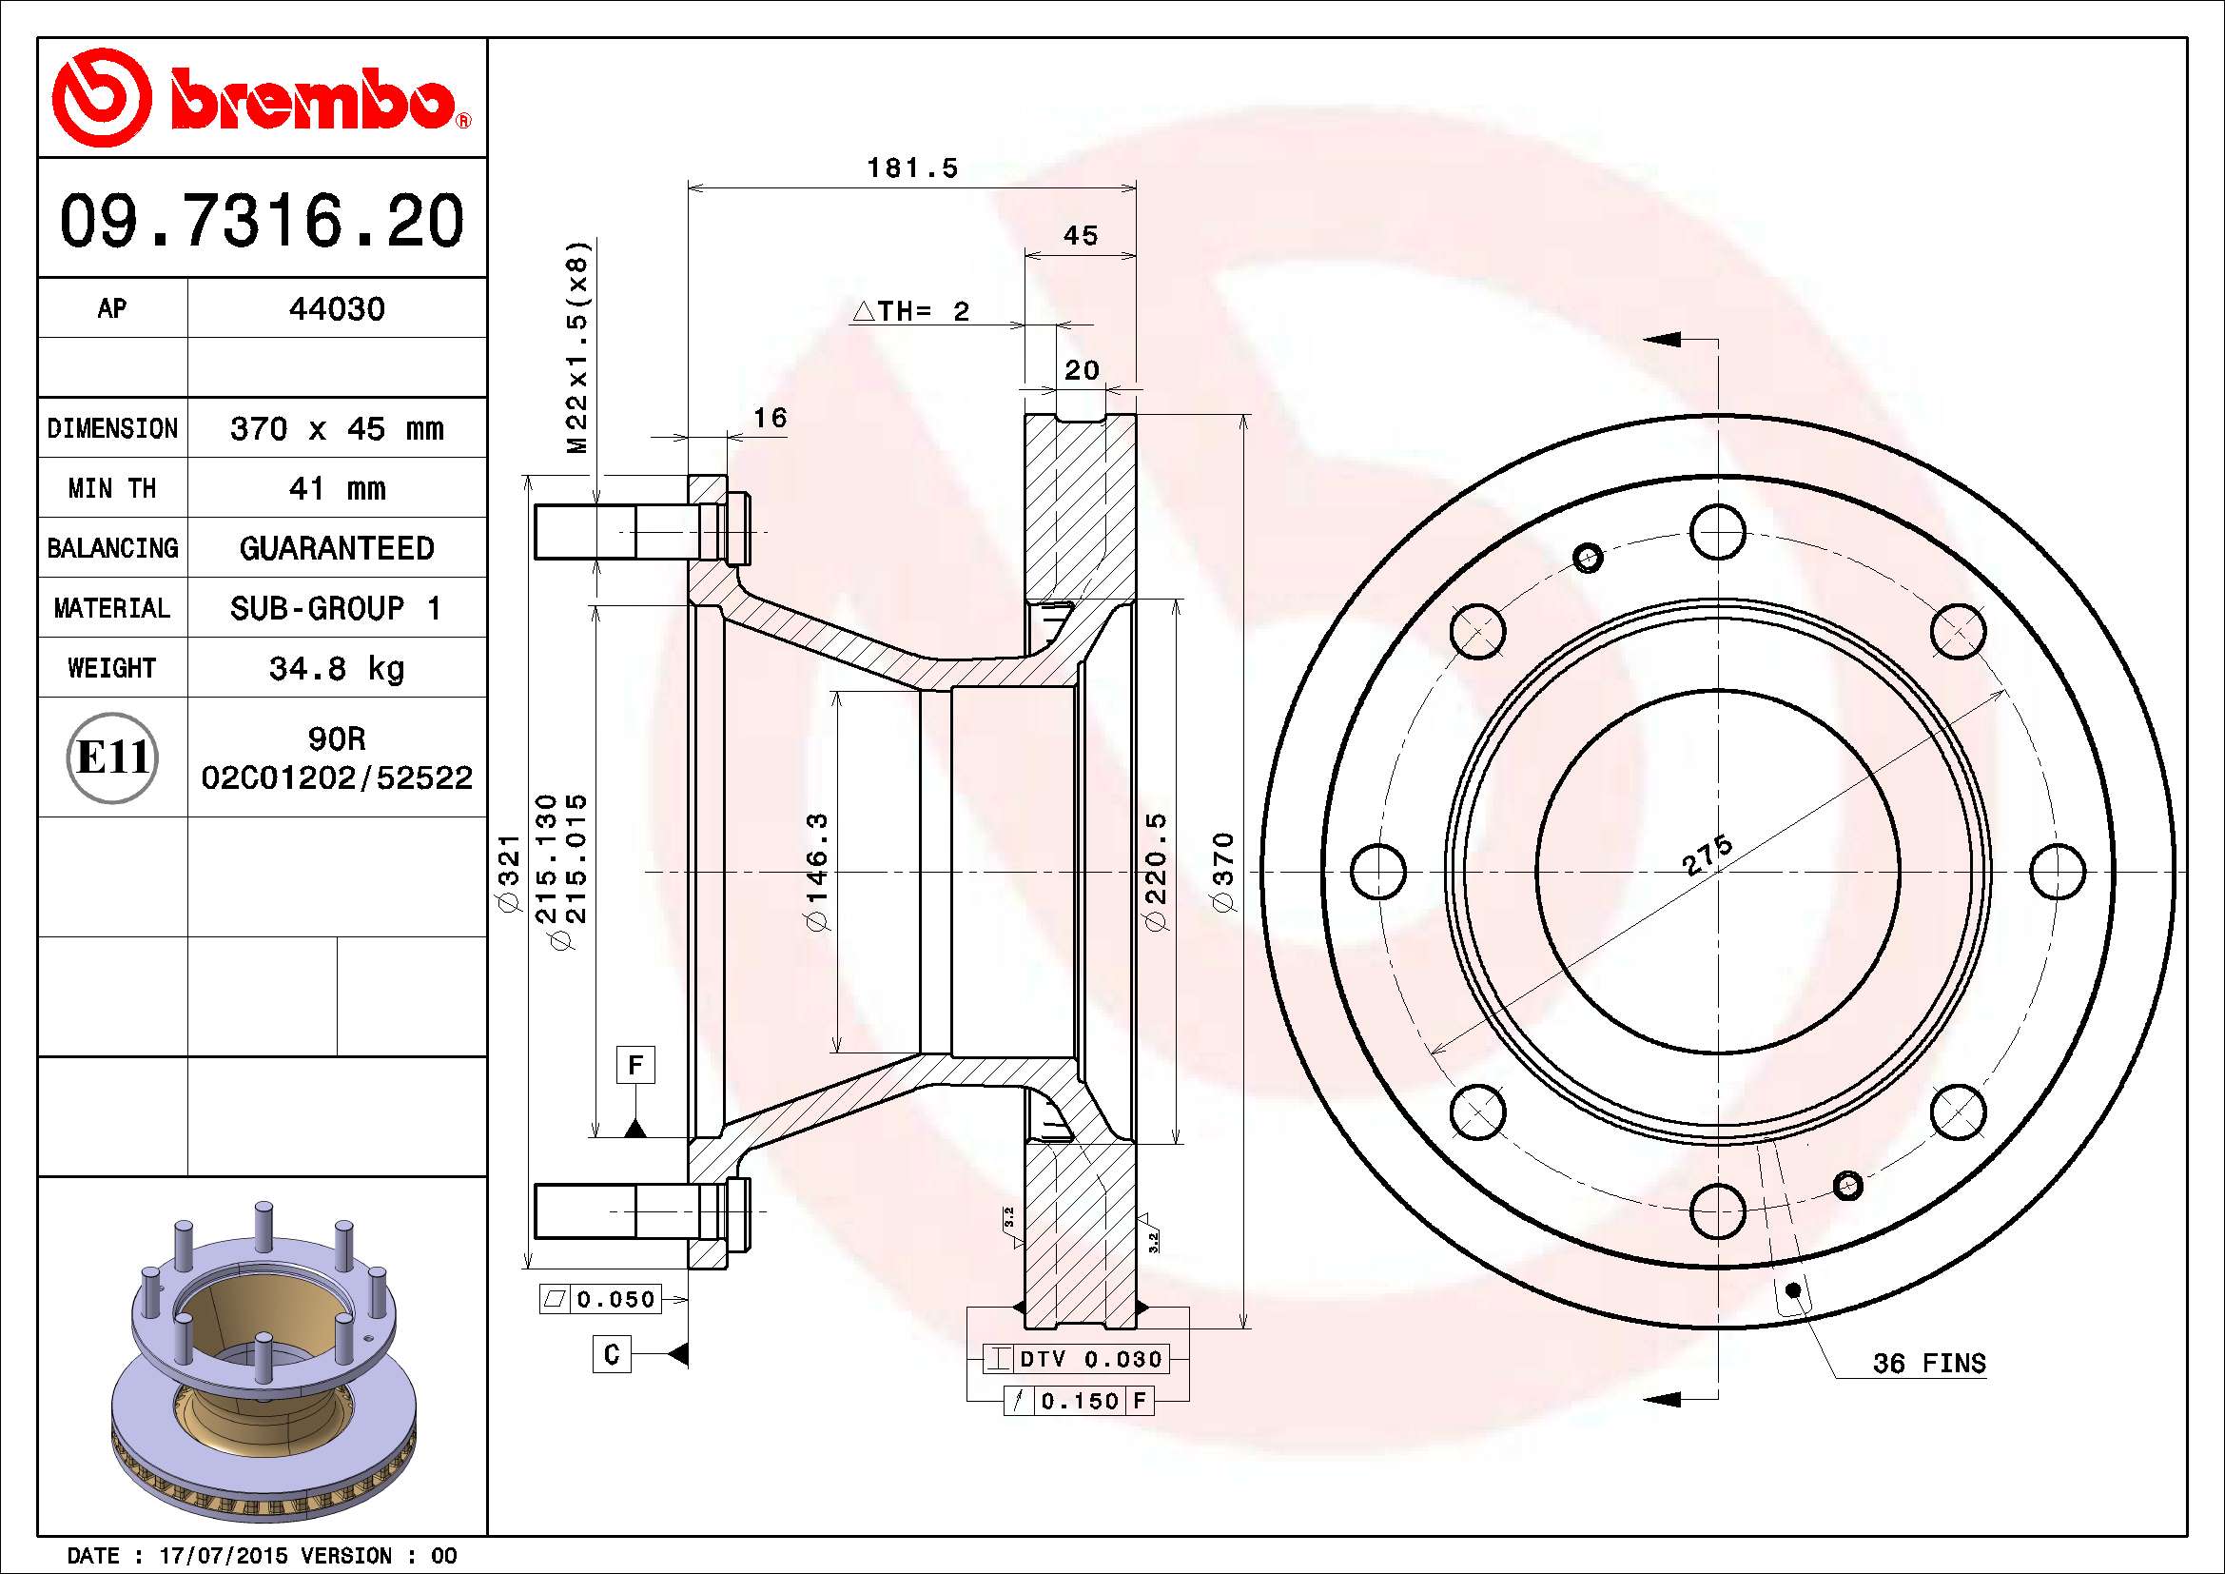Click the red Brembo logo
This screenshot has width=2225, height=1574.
[x=262, y=97]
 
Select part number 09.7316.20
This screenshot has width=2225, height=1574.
[x=262, y=221]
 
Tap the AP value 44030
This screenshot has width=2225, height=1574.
[x=336, y=309]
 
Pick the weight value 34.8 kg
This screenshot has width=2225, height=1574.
[x=336, y=668]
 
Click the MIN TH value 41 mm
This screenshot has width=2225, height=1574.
[x=336, y=487]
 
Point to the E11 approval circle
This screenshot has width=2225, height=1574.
[x=112, y=757]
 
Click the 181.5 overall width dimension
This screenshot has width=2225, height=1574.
[x=912, y=167]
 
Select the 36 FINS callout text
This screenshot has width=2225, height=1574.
[x=1929, y=1363]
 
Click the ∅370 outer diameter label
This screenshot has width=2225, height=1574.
[x=1224, y=872]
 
